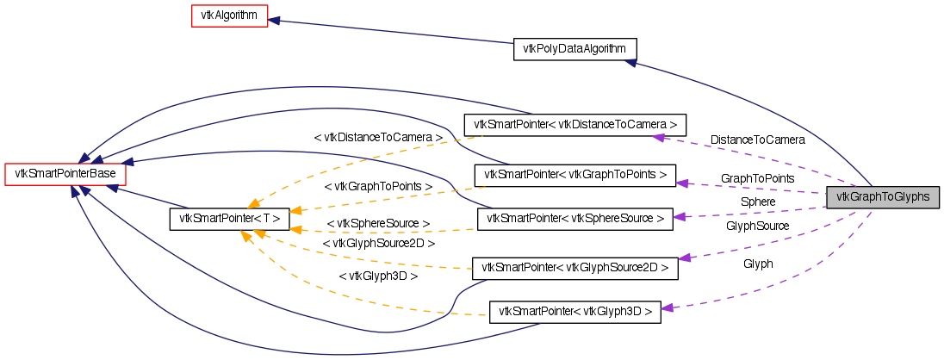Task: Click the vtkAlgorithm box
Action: point(230,16)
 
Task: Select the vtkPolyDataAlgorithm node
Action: point(574,48)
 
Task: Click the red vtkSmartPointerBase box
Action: point(66,174)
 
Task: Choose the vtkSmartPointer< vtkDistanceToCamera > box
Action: point(575,124)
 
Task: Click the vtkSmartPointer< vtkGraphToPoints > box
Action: point(575,175)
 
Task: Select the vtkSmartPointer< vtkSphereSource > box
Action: point(575,219)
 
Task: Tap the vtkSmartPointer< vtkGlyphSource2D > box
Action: point(575,268)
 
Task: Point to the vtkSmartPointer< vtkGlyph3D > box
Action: point(575,311)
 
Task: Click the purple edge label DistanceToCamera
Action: point(757,140)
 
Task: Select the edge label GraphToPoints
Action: point(757,178)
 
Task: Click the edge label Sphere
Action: point(757,202)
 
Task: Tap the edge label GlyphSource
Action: point(757,226)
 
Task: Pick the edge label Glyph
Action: point(758,264)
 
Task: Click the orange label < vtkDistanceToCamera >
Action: point(378,137)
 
